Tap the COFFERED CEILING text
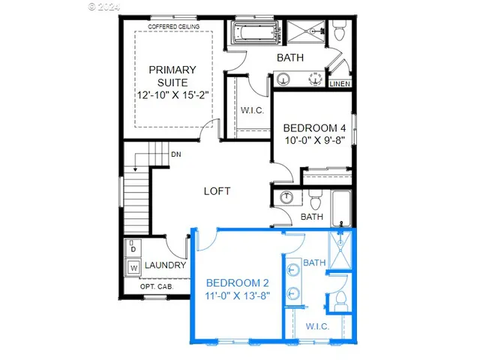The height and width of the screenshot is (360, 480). (173, 27)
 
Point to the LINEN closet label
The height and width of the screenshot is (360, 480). (340, 83)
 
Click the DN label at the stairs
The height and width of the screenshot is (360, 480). (175, 154)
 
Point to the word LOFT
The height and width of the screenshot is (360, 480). (217, 191)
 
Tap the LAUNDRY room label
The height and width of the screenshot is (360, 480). (165, 265)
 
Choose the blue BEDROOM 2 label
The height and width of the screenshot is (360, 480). (238, 283)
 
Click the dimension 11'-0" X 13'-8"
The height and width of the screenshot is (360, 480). (238, 296)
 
